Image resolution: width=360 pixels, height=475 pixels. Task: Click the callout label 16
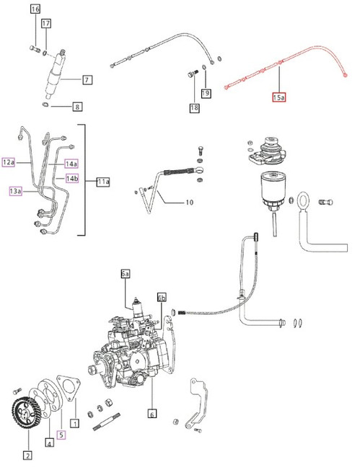pyautogui.click(x=35, y=9)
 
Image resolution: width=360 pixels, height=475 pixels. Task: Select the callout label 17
pyautogui.click(x=46, y=24)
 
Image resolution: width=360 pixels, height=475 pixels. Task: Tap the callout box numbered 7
pyautogui.click(x=87, y=79)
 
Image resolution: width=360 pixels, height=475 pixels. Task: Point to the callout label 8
pyautogui.click(x=76, y=107)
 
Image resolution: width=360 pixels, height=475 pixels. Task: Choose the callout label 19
pyautogui.click(x=206, y=93)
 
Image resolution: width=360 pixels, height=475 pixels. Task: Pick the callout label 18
pyautogui.click(x=194, y=108)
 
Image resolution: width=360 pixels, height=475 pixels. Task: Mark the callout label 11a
pyautogui.click(x=102, y=182)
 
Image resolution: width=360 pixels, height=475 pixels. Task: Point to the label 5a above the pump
pyautogui.click(x=126, y=274)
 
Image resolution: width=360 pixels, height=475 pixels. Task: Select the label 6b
pyautogui.click(x=162, y=297)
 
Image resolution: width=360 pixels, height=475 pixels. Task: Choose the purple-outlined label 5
pyautogui.click(x=61, y=435)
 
